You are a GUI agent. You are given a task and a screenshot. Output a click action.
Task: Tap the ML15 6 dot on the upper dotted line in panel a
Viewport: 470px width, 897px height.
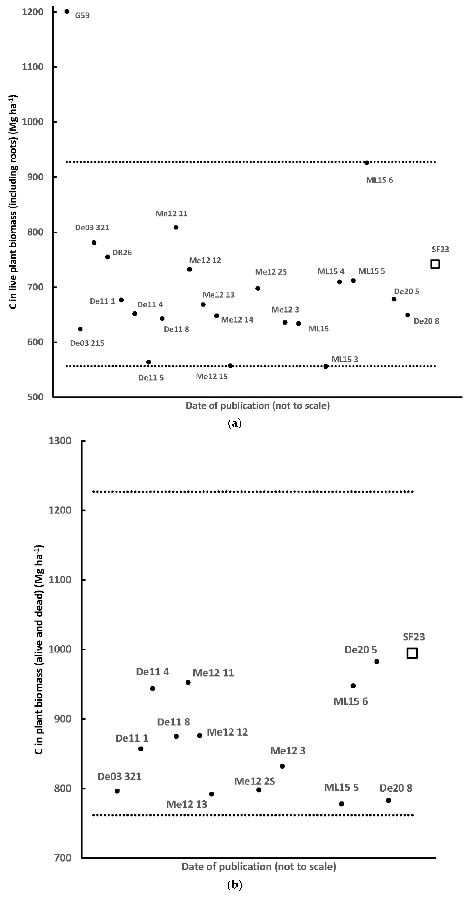point(367,163)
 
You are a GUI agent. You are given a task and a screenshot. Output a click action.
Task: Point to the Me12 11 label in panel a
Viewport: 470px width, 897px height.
point(171,213)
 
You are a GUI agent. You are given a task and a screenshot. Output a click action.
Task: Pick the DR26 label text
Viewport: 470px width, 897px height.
point(122,252)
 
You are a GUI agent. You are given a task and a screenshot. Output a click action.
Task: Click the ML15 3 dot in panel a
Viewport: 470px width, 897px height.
point(326,366)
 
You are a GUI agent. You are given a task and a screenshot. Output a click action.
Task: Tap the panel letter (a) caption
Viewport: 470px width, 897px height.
point(234,423)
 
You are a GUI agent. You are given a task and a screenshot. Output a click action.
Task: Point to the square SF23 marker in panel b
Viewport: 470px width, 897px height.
point(412,653)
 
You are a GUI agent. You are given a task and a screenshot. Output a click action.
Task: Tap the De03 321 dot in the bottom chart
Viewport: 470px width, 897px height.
point(117,791)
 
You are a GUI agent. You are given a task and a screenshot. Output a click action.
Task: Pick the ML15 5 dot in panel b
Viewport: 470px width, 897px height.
point(341,804)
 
